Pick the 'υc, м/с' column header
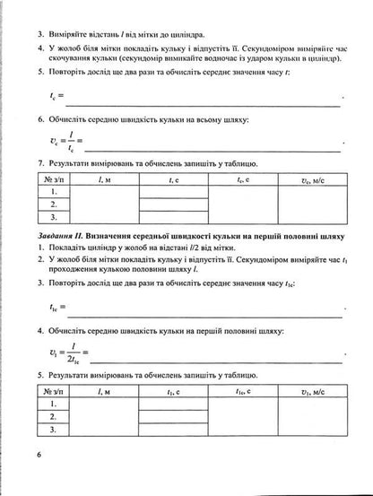317,180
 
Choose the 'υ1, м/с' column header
317,392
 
